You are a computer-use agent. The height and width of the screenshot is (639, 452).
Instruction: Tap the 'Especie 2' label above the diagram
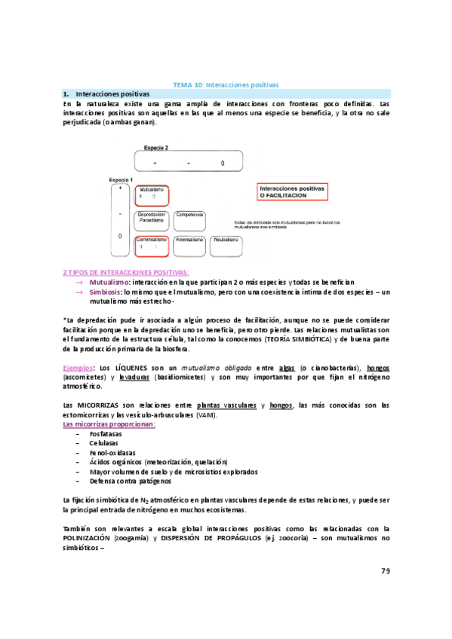(157, 148)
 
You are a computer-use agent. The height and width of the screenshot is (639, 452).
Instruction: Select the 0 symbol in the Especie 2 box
(223, 163)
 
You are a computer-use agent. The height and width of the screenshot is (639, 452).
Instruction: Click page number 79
(385, 570)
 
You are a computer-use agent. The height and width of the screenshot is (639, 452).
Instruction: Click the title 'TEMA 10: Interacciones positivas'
(226, 85)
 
